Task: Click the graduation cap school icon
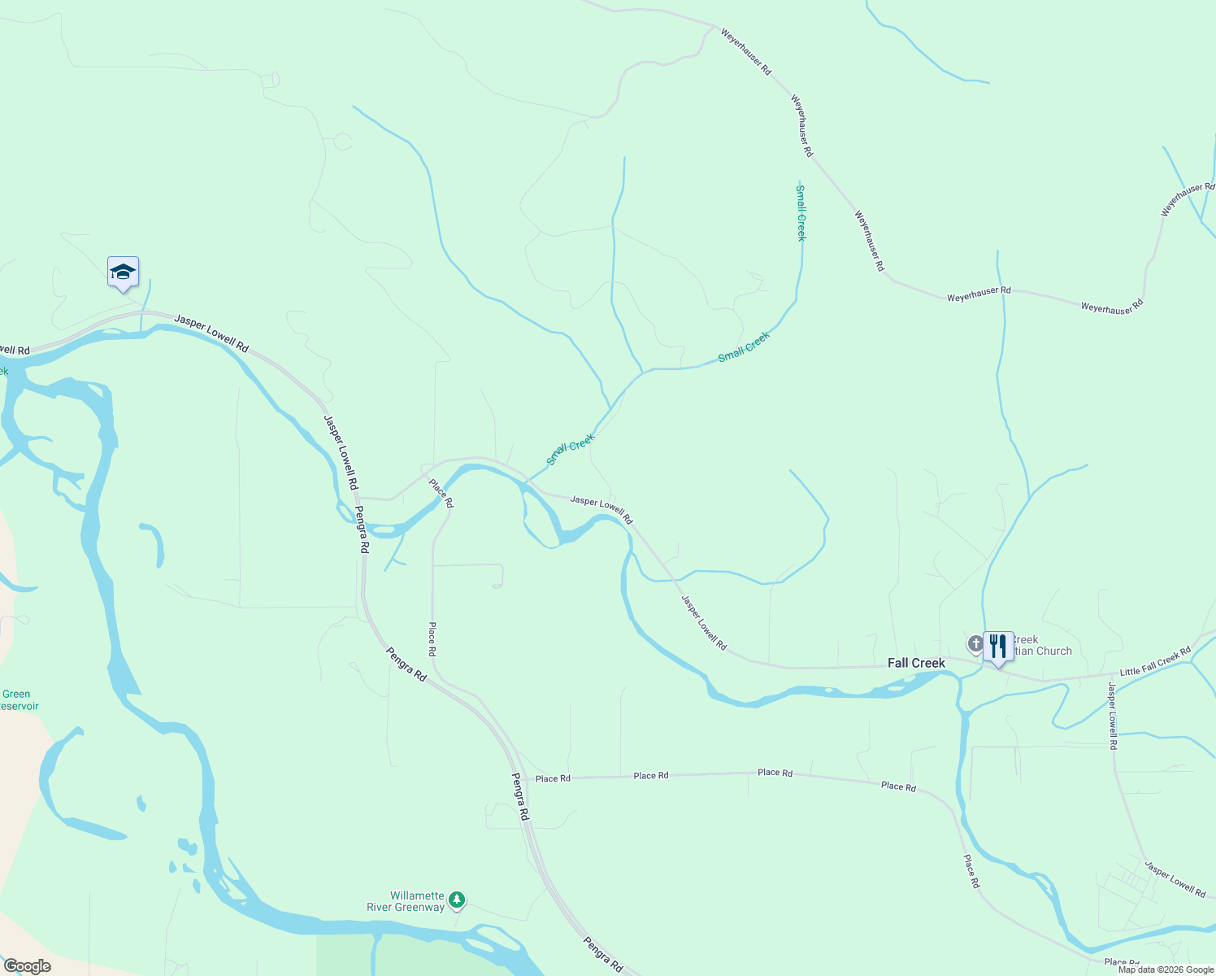(123, 272)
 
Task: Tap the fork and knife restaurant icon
(998, 647)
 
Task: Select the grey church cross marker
(975, 644)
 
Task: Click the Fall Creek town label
(916, 663)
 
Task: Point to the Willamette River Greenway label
(406, 901)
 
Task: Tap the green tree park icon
(457, 899)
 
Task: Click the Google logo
(27, 966)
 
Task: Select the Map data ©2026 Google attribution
(1166, 969)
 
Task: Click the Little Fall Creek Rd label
(1155, 661)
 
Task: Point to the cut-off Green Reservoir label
(18, 700)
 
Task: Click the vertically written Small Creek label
(801, 213)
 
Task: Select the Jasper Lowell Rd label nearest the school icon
(211, 333)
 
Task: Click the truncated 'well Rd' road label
(15, 351)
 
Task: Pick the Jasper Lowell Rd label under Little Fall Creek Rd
(1113, 716)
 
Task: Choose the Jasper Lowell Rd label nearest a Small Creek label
(601, 509)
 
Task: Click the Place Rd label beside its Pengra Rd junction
(553, 778)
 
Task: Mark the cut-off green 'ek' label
(3, 371)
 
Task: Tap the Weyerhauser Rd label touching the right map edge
(1188, 198)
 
